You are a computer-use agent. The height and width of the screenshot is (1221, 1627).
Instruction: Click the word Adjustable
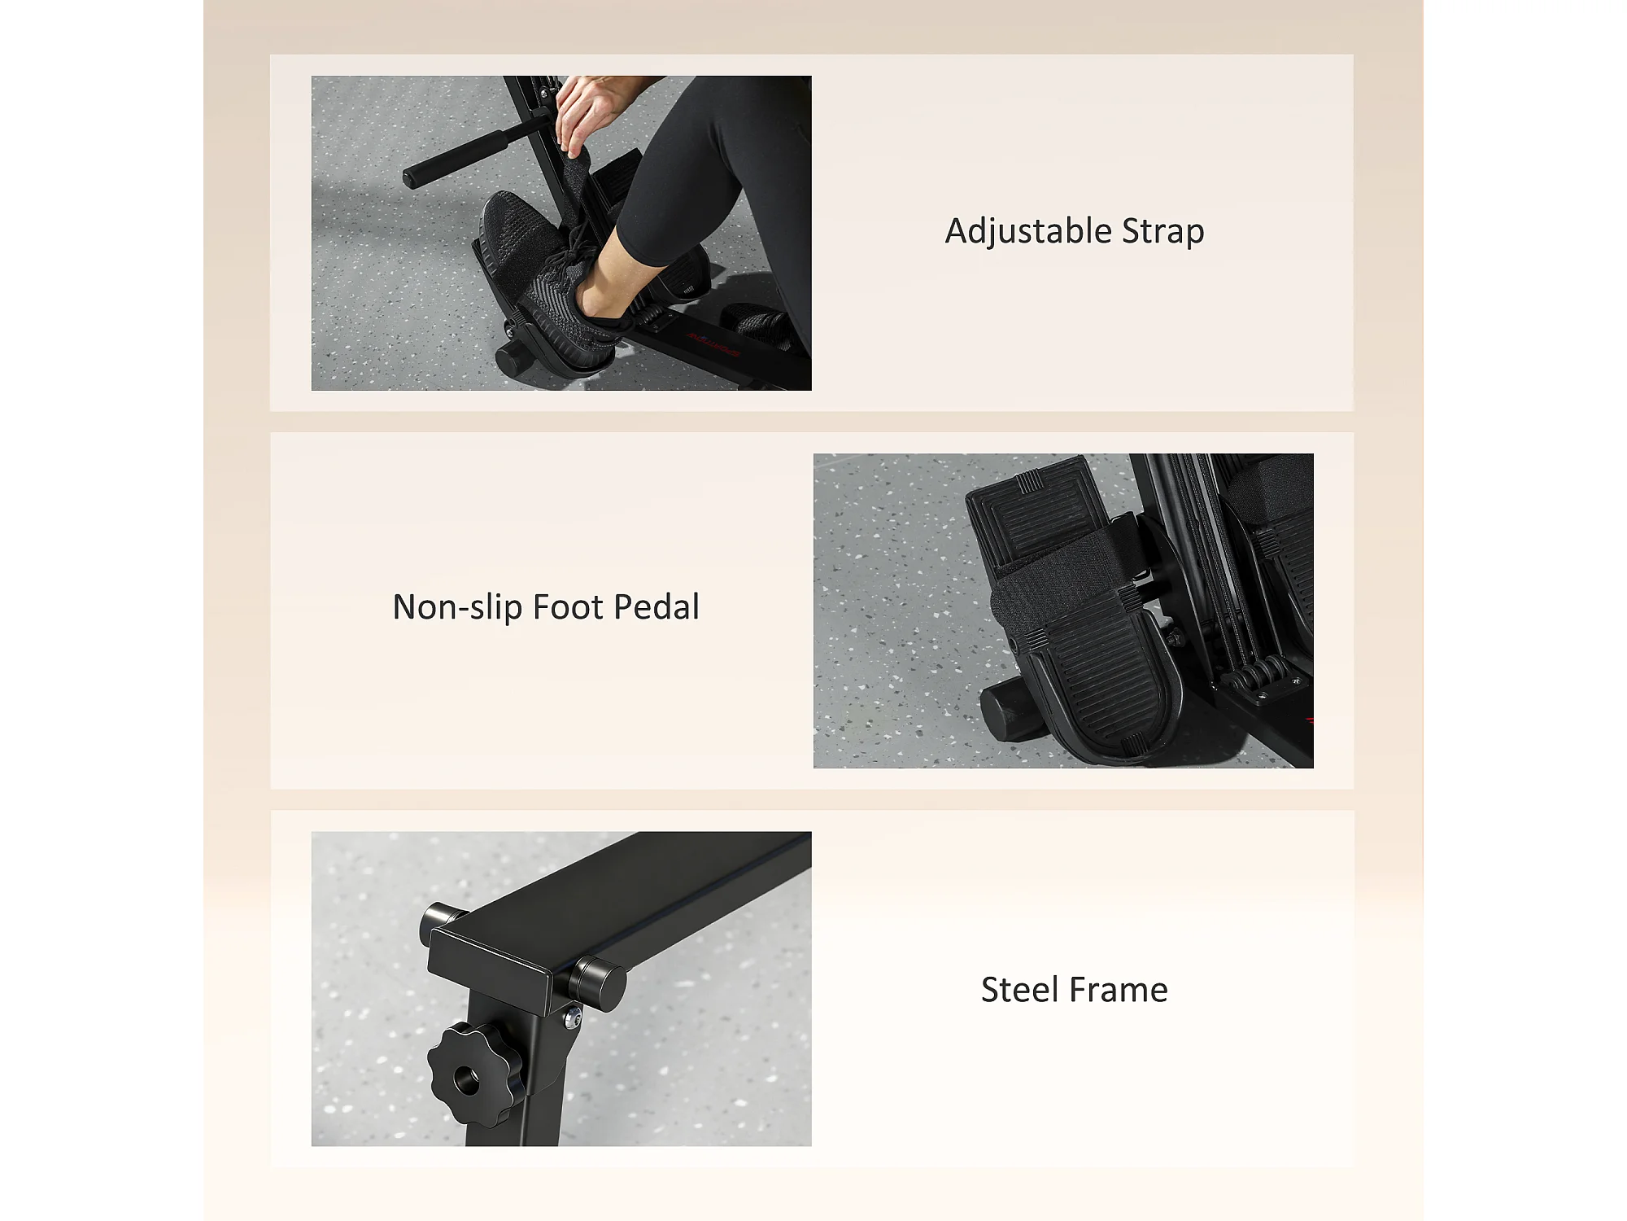tap(1027, 232)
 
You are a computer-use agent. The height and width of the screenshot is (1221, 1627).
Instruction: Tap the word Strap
tap(1163, 232)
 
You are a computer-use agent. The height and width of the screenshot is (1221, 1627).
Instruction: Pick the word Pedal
tap(656, 607)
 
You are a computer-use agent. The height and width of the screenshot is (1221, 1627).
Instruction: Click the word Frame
tap(1119, 990)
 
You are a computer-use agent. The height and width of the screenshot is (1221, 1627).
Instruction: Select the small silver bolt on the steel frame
tap(574, 1017)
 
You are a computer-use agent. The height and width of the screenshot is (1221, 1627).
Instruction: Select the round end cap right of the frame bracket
tap(600, 984)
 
